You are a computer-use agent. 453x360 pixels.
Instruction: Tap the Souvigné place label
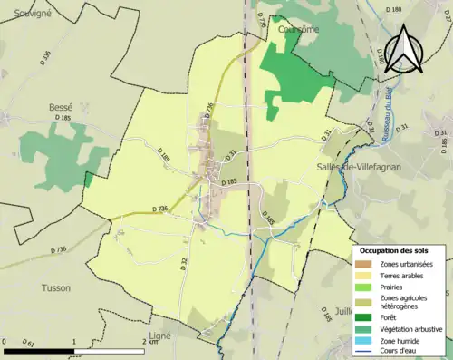(x=28, y=13)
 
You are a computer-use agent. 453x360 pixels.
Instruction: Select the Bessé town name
(x=60, y=107)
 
